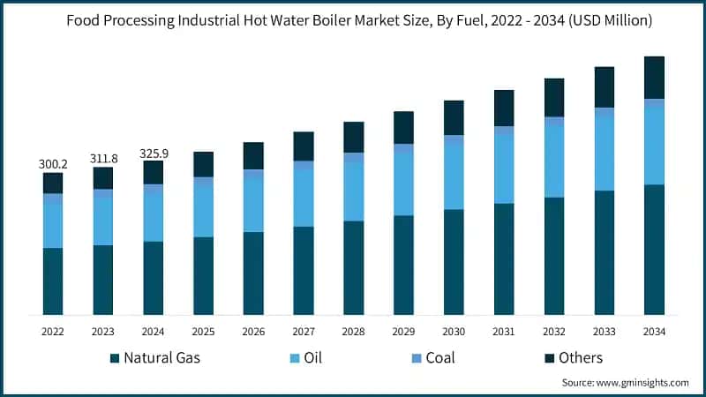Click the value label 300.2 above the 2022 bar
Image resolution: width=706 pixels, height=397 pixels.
[53, 164]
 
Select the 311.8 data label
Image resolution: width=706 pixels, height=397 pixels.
[103, 158]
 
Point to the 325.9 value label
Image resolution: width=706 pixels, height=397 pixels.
[154, 153]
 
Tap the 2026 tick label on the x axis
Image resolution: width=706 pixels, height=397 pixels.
[253, 332]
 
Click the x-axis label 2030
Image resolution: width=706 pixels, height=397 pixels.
[454, 332]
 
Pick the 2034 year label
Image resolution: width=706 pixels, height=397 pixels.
[654, 332]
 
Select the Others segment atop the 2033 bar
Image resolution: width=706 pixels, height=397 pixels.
[604, 86]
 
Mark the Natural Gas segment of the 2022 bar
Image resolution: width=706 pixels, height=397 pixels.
[53, 281]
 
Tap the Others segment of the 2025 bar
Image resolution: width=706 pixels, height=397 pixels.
[203, 164]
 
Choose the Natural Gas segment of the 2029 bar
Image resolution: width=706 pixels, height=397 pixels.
[403, 265]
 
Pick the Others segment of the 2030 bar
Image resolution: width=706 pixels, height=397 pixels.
[454, 117]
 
